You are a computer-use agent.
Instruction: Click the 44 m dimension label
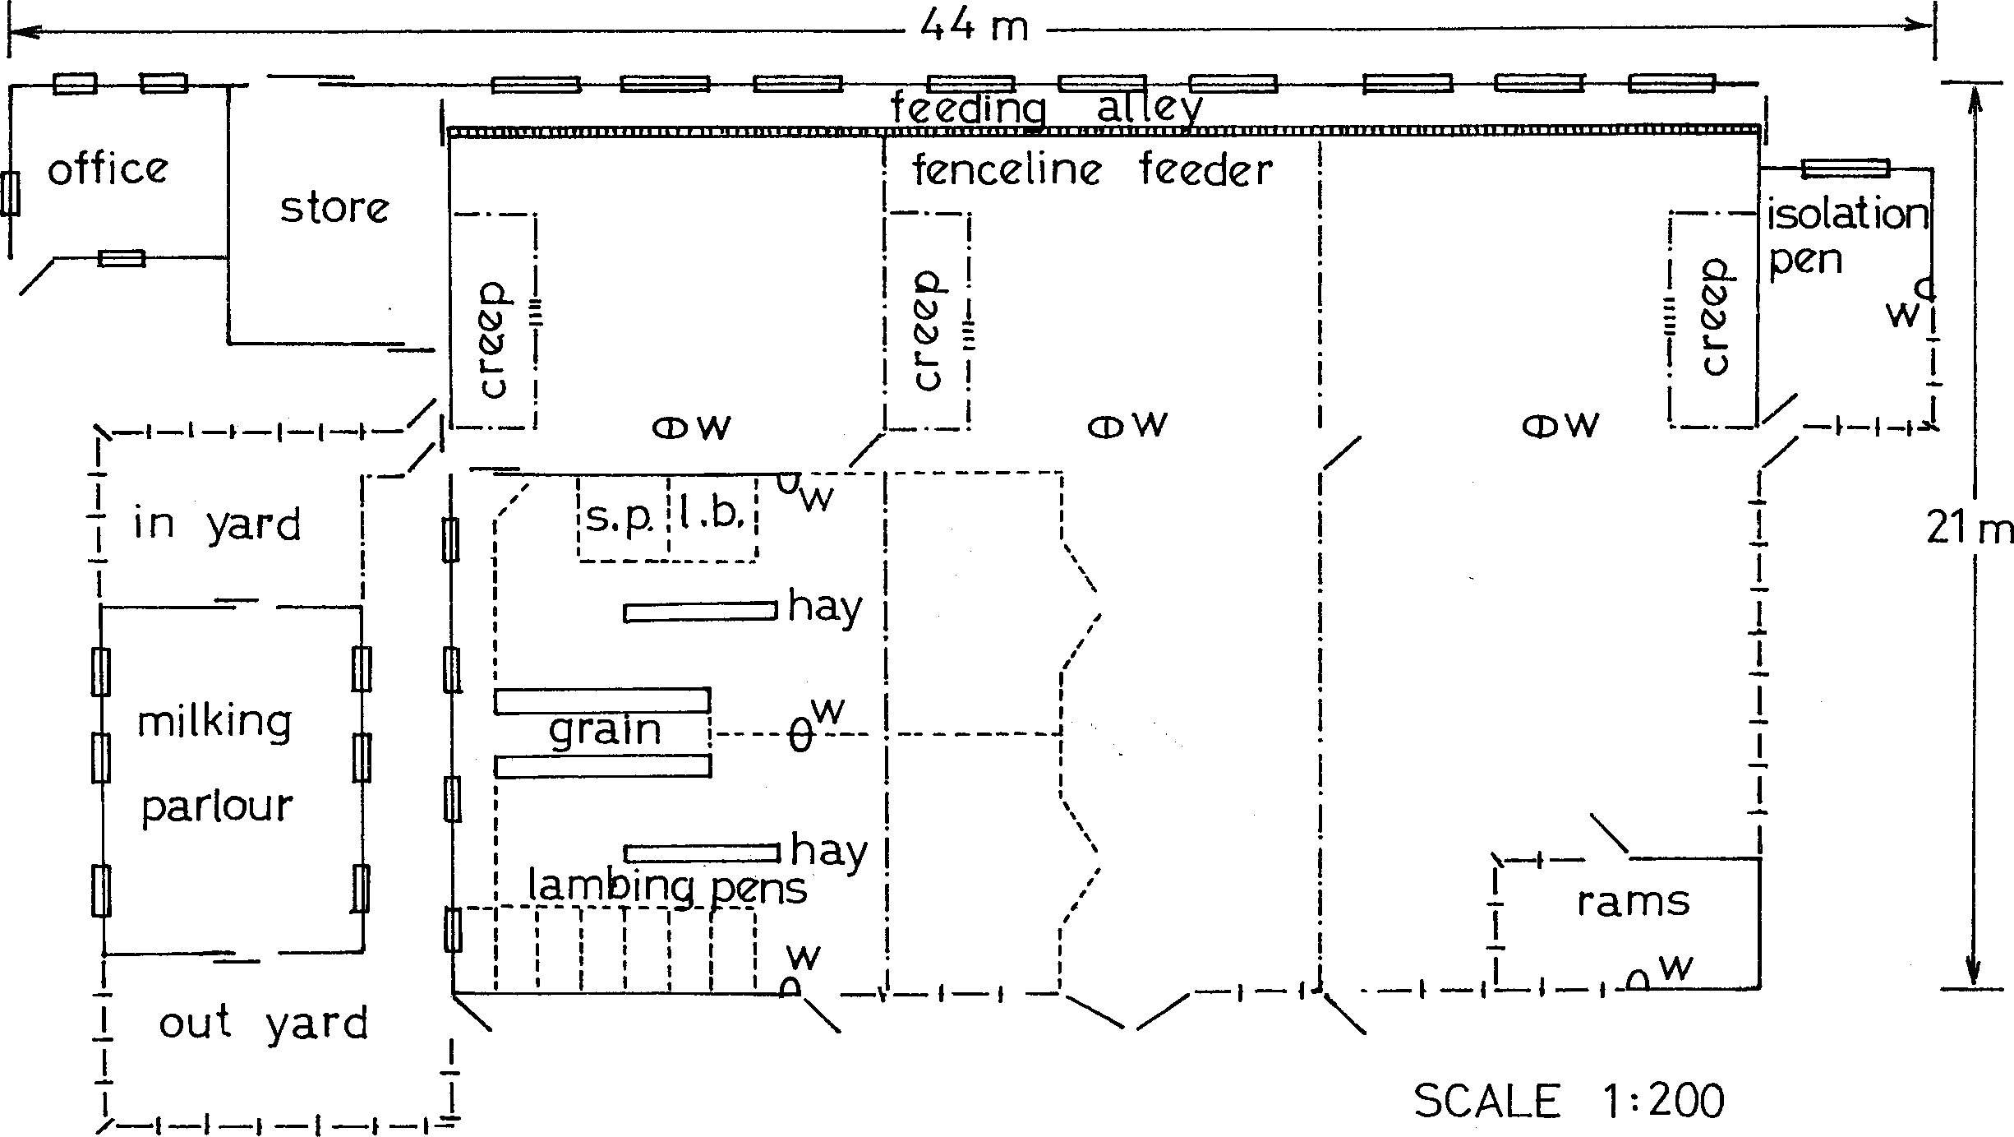click(x=975, y=26)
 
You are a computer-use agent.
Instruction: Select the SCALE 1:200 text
click(x=1569, y=1101)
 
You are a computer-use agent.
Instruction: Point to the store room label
click(x=334, y=208)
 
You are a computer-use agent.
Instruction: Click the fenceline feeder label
click(x=1092, y=169)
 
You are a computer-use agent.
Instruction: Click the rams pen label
click(x=1634, y=902)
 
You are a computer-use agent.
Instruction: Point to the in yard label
click(x=218, y=524)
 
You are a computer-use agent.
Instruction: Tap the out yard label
click(x=263, y=1024)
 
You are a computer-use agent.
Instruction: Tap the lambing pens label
click(x=667, y=888)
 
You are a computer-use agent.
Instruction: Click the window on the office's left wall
click(x=10, y=194)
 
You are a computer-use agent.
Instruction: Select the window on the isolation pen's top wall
click(x=1846, y=169)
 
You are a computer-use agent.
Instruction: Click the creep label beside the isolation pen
click(x=1714, y=317)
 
